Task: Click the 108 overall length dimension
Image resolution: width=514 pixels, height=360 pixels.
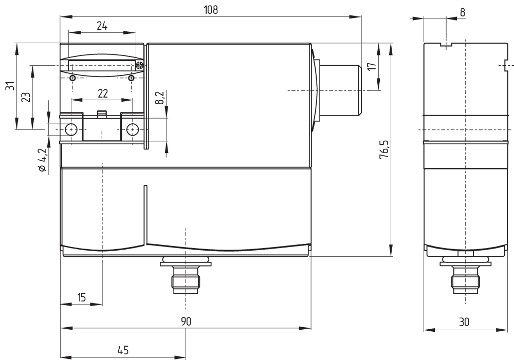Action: pos(211,10)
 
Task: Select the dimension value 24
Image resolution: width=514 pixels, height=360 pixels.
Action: pos(102,26)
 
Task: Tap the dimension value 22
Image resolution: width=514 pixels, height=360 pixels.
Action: pos(102,93)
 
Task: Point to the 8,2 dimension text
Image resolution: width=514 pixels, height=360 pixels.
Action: pos(160,98)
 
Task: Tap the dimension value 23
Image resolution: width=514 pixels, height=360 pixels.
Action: pos(25,97)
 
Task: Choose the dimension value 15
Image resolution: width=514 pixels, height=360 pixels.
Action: pos(81,296)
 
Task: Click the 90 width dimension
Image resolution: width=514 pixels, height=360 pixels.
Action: pos(186,321)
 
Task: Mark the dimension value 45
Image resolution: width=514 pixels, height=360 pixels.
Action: pos(122,350)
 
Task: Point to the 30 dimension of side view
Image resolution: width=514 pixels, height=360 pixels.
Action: pos(464,322)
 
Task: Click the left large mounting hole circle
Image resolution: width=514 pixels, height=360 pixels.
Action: pos(71,129)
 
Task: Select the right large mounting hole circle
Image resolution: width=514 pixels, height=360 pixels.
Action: pos(133,129)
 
